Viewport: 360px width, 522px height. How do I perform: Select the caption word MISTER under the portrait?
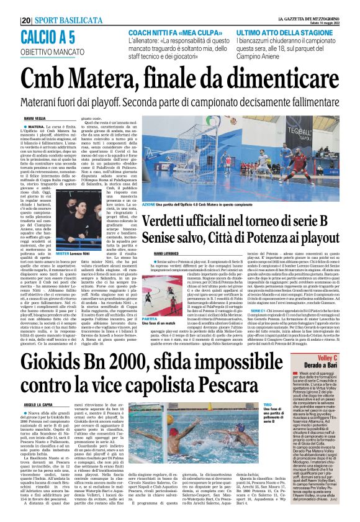coord(62,236)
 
